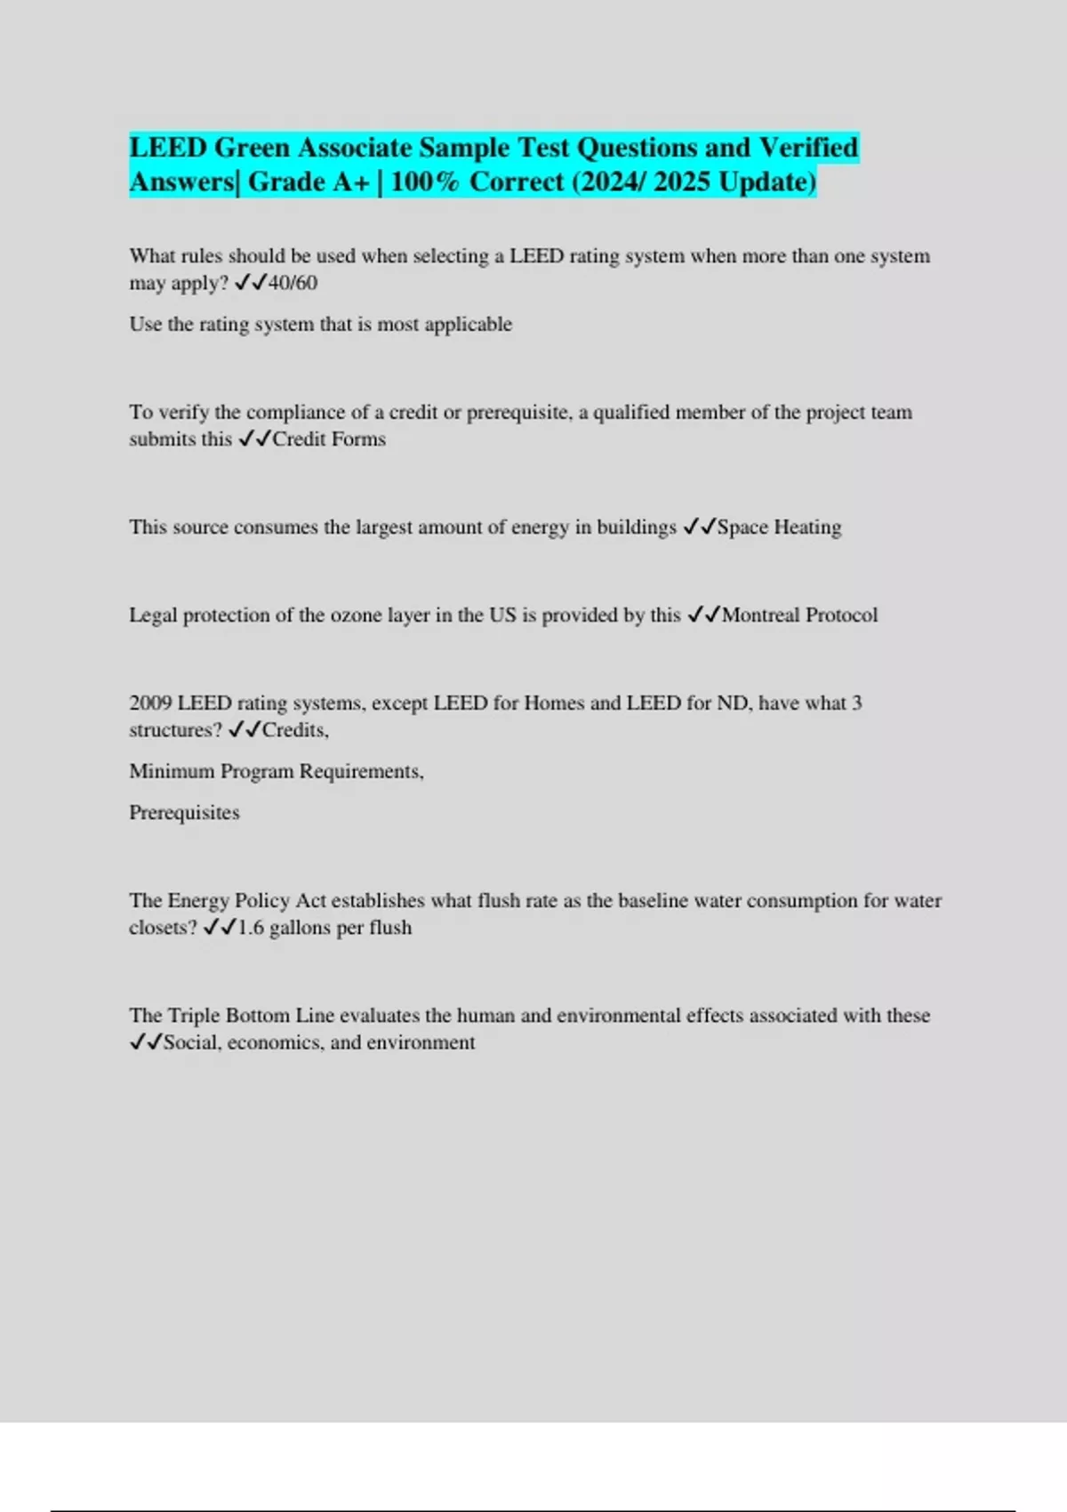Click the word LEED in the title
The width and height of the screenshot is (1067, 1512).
168,148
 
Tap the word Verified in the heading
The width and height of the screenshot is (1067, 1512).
808,148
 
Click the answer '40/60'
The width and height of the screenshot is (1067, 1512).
293,283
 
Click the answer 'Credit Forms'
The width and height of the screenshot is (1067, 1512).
329,439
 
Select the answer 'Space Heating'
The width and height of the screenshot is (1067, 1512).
779,527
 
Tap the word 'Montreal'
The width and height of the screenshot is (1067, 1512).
760,615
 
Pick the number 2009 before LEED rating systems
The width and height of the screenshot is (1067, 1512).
150,704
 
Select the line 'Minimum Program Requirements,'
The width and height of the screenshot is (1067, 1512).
277,771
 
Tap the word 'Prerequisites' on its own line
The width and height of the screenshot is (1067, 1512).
184,813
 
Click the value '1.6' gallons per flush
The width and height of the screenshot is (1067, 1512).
251,928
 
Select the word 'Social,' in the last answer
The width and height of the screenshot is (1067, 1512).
192,1042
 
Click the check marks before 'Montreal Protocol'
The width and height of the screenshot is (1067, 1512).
703,615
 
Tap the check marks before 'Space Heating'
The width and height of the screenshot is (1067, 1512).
699,527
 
